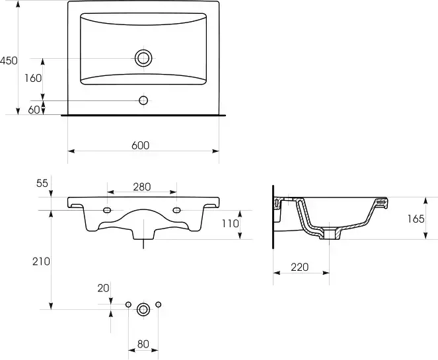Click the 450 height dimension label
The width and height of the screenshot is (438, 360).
9,61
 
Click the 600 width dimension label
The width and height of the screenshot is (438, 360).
141,145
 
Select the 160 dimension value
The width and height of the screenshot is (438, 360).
33,79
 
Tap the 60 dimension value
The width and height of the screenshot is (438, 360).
34,110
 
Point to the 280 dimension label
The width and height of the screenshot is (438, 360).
142,187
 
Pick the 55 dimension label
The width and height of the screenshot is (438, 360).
42,184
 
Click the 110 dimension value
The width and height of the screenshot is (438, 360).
231,223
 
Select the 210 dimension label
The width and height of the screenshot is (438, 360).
41,262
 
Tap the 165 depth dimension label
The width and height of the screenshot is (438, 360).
416,219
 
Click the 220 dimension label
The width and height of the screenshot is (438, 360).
300,268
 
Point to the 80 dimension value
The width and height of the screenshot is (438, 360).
143,344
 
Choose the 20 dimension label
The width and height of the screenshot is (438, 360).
103,288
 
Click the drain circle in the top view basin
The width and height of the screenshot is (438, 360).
143,58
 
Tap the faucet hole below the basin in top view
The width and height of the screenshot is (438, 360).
143,100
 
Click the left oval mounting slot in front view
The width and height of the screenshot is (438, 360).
107,210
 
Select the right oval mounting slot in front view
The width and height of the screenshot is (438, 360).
176,210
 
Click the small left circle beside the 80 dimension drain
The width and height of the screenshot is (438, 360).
128,305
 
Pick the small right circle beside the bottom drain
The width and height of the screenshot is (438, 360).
158,305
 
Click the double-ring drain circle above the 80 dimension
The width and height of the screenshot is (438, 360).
143,309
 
